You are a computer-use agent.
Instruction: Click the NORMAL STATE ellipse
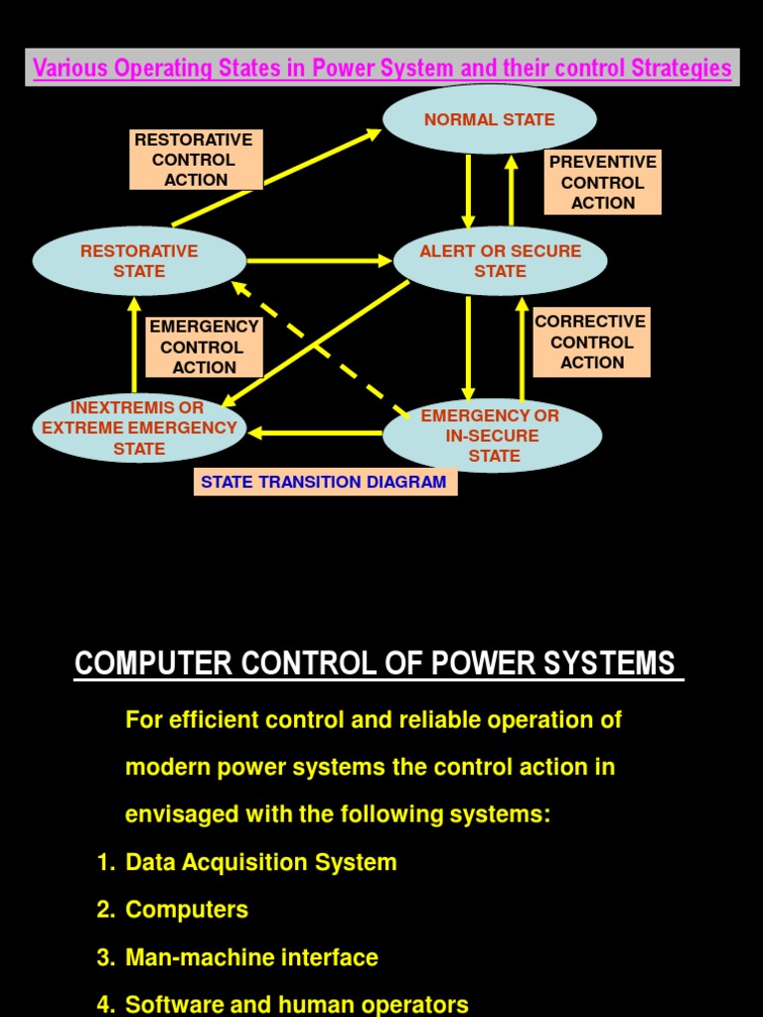490,119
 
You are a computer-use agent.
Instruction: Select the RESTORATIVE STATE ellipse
139,261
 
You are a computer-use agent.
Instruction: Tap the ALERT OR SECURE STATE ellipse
500,261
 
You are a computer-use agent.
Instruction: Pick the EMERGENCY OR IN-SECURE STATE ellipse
493,436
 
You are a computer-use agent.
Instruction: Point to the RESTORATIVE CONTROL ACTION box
196,159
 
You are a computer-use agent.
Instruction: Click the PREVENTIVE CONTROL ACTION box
602,182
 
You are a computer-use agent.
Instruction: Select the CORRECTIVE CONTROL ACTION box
591,342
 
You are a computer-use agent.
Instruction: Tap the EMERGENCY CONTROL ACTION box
204,347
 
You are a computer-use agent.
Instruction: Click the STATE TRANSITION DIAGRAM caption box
324,483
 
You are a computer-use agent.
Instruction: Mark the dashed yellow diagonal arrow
318,348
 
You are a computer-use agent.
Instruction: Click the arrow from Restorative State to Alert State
318,261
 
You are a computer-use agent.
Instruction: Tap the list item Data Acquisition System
260,862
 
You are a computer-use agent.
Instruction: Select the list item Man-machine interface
251,957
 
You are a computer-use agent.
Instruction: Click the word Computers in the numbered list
187,910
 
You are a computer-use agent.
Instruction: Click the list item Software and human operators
296,1004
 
